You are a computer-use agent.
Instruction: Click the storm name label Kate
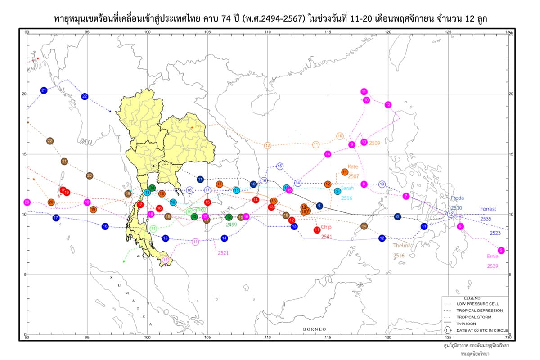pos(353,166)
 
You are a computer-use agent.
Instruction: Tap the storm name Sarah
pos(347,189)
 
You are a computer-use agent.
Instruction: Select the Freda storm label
pos(457,198)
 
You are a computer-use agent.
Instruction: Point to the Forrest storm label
pos(488,209)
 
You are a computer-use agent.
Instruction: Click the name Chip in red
pos(326,227)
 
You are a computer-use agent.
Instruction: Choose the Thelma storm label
pos(402,246)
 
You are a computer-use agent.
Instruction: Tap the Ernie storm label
pos(493,256)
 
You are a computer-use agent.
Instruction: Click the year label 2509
pos(374,143)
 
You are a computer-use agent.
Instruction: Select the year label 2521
pos(223,253)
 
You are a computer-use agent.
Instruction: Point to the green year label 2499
pos(231,224)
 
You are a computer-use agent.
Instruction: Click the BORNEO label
pos(314,329)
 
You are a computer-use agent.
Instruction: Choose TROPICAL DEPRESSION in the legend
pos(480,310)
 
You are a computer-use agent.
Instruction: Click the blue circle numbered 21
pos(44,90)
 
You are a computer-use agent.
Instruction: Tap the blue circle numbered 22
pos(85,96)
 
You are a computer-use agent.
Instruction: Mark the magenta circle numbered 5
pos(501,250)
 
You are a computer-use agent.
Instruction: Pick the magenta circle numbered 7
pos(406,196)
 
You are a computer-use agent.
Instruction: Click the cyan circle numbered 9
pos(337,191)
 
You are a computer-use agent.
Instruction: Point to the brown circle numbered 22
pos(50,141)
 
